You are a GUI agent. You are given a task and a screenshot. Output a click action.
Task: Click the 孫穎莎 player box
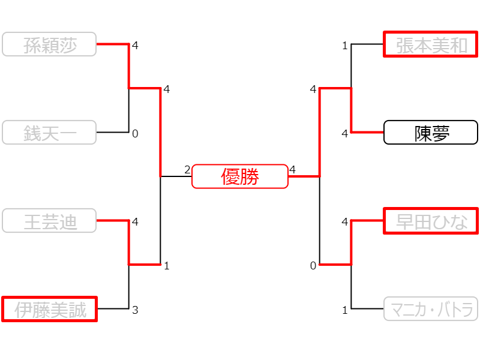pyautogui.click(x=49, y=44)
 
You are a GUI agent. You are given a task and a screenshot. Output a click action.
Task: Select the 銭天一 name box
pyautogui.click(x=49, y=133)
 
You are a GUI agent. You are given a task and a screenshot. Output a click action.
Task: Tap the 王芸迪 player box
pyautogui.click(x=49, y=221)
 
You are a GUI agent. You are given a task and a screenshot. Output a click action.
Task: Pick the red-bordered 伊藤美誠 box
pyautogui.click(x=49, y=309)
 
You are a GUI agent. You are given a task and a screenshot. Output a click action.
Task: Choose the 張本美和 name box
pyautogui.click(x=431, y=44)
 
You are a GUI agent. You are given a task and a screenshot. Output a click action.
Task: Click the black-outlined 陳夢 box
pyautogui.click(x=431, y=133)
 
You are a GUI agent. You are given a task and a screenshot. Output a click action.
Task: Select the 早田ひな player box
pyautogui.click(x=431, y=221)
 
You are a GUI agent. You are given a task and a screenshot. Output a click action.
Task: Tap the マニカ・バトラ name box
pyautogui.click(x=431, y=309)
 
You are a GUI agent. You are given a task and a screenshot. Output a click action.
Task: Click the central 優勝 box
pyautogui.click(x=240, y=176)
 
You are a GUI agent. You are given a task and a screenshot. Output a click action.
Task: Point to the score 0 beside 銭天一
pyautogui.click(x=135, y=134)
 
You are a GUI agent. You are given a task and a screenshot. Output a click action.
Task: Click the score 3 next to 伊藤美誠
pyautogui.click(x=135, y=310)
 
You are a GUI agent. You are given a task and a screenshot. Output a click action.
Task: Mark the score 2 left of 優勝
pyautogui.click(x=187, y=170)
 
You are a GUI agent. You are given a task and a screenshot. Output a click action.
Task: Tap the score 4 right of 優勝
pyautogui.click(x=293, y=170)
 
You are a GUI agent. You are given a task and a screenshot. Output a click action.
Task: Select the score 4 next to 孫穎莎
pyautogui.click(x=135, y=46)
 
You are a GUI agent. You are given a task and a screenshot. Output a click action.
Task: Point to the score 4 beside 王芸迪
pyautogui.click(x=135, y=222)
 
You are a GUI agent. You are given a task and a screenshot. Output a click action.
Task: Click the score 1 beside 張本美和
pyautogui.click(x=345, y=46)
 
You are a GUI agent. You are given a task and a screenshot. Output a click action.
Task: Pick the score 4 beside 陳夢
pyautogui.click(x=345, y=134)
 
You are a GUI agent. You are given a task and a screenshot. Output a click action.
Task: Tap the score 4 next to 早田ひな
pyautogui.click(x=345, y=222)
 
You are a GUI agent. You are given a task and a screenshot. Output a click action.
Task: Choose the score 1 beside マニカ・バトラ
pyautogui.click(x=345, y=310)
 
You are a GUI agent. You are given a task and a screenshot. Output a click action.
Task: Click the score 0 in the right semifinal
pyautogui.click(x=313, y=266)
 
